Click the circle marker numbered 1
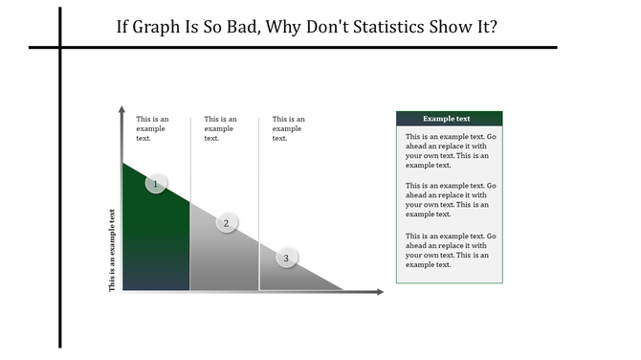pos(157,184)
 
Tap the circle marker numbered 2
pos(227,223)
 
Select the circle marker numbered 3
pos(286,257)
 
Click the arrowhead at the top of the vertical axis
pos(122,111)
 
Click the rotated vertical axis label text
pos(112,249)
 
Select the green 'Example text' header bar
pos(449,119)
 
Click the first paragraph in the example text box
pos(449,150)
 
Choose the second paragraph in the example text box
pos(449,200)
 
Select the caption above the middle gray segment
pos(220,128)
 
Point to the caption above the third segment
pos(288,128)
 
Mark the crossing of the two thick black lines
pos(60,46)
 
